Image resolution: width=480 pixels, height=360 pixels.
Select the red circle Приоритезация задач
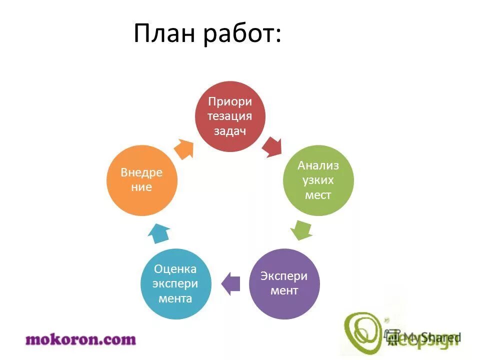(230, 116)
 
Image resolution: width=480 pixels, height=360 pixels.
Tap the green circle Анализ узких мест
(318, 180)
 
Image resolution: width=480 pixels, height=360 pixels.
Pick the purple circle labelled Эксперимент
(284, 283)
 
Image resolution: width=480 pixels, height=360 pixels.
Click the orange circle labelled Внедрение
(142, 180)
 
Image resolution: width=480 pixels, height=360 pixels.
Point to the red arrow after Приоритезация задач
(272, 146)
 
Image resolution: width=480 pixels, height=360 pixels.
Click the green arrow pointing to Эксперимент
(301, 231)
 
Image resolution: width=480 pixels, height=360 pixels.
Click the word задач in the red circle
(230, 130)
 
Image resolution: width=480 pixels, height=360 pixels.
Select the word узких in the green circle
(318, 180)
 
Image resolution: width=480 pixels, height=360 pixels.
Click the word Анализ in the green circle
(318, 165)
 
